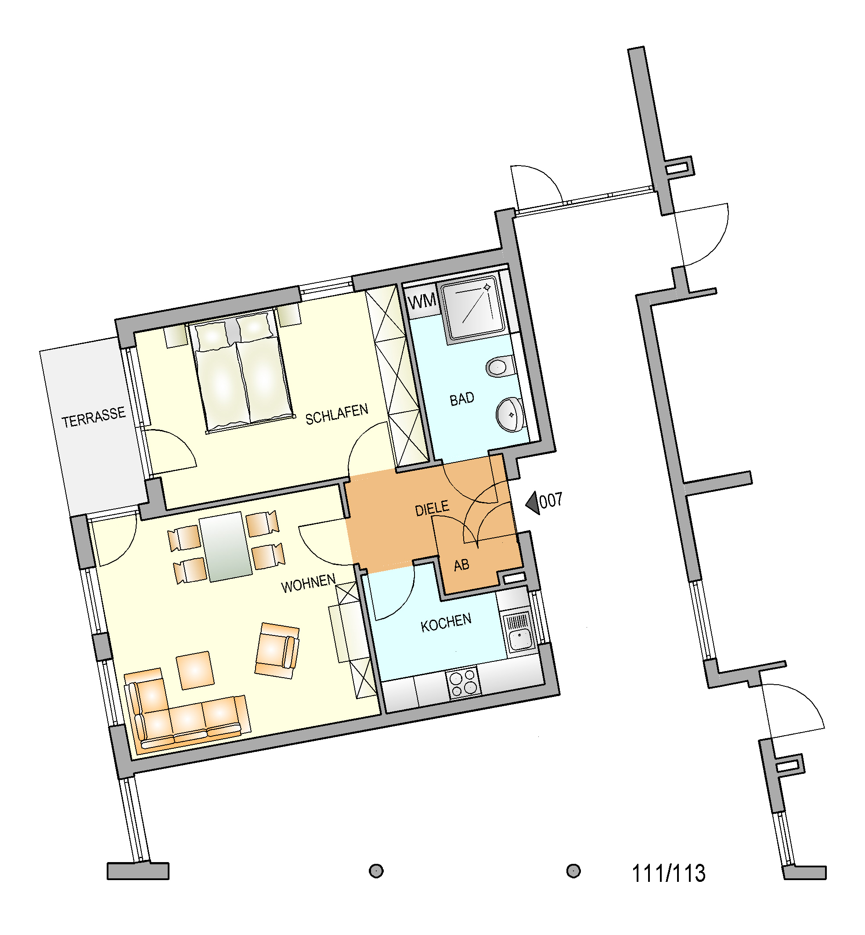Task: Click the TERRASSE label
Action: pos(94,417)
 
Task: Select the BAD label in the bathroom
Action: pos(461,399)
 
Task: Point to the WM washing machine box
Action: pos(422,301)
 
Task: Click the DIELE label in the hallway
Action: pos(432,508)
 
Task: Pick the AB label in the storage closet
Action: pos(461,565)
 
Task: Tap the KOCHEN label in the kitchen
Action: pos(446,623)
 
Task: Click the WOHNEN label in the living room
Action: pos(308,583)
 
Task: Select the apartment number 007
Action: pos(551,501)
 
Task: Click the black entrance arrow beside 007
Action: pos(533,503)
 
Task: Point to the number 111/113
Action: pos(668,873)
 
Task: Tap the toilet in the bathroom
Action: pos(501,366)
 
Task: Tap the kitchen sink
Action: pos(519,632)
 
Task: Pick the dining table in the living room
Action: pos(226,546)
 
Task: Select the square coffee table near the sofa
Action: pos(195,670)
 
